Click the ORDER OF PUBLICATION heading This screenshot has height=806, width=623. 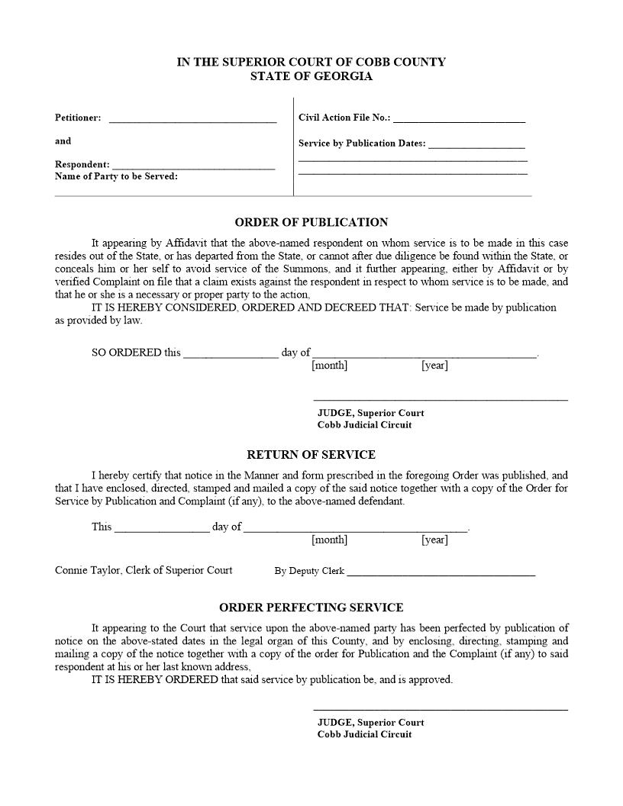tap(311, 222)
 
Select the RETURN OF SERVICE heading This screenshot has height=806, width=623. tap(311, 454)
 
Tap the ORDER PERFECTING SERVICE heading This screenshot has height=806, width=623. tap(311, 608)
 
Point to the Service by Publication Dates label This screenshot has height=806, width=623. tap(362, 143)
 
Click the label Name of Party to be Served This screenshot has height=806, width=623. tap(116, 176)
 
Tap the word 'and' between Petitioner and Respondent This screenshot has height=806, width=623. tap(63, 141)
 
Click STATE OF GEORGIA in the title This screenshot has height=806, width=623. tap(311, 76)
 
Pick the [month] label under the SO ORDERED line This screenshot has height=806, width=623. tap(329, 366)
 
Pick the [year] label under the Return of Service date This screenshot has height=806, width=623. tap(434, 540)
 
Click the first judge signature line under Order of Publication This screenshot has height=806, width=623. tap(441, 399)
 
